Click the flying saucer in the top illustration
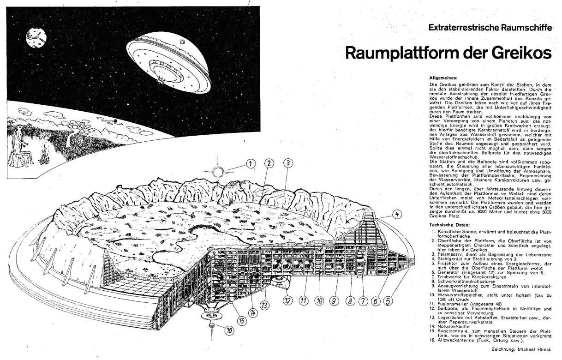pos(168,62)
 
